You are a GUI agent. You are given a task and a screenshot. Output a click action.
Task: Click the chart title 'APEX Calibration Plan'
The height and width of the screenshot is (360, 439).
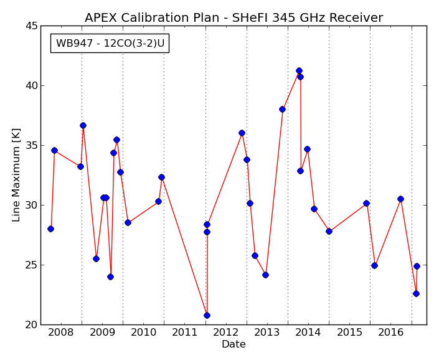[152, 18]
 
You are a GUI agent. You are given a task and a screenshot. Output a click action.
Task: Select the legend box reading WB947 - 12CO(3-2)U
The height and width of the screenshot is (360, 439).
[110, 43]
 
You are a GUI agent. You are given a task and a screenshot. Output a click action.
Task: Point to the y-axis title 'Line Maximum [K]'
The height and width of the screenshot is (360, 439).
[16, 175]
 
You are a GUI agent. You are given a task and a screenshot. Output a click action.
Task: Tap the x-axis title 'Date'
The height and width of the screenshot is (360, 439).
[234, 344]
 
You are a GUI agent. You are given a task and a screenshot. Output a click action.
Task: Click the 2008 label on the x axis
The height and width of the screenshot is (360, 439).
[61, 333]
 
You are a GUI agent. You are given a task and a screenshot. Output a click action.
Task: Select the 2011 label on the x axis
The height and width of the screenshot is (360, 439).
[184, 333]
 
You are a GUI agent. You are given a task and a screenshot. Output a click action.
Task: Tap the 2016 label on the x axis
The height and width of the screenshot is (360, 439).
[390, 333]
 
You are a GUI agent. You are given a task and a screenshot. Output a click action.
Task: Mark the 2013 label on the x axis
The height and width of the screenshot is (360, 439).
[267, 333]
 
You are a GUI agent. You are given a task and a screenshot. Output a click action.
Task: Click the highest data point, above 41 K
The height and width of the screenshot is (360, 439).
[299, 70]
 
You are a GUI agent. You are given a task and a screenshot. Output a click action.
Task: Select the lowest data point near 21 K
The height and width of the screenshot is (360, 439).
[207, 316]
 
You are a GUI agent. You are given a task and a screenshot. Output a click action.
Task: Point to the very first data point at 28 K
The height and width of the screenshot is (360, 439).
[50, 229]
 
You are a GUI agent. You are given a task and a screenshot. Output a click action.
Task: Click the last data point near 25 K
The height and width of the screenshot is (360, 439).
[417, 266]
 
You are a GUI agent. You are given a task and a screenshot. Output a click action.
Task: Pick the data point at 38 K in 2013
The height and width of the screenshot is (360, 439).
[282, 109]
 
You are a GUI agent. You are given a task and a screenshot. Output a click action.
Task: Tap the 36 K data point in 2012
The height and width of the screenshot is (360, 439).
[242, 133]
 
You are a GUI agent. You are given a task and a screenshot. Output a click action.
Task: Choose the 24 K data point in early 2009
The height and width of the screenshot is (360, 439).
[111, 277]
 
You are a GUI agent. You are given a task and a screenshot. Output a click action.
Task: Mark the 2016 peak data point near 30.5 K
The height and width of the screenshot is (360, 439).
[400, 199]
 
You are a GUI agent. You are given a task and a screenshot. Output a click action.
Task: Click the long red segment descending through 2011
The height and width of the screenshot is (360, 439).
[184, 247]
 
